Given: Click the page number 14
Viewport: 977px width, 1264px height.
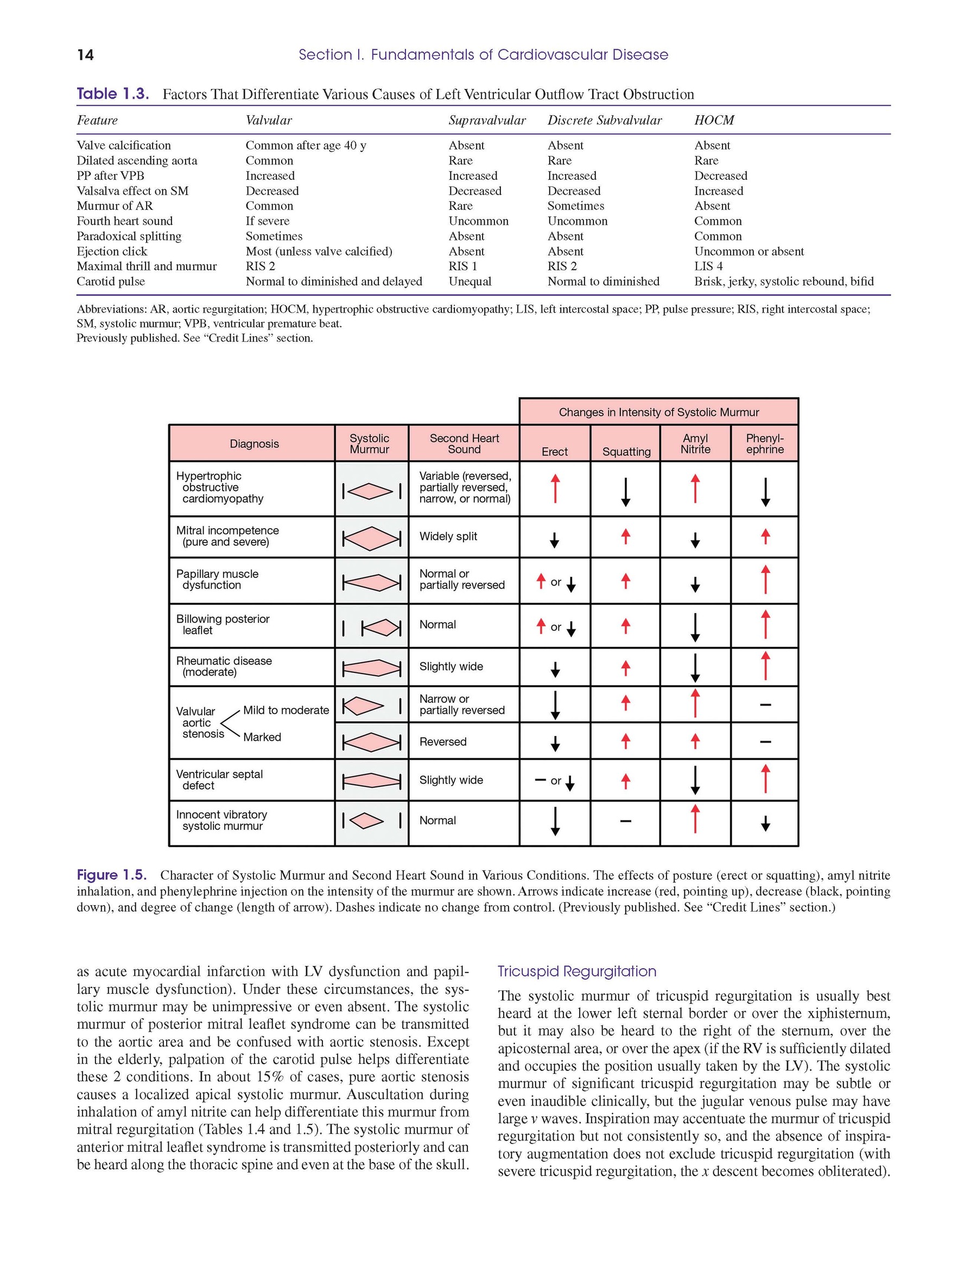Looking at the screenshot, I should tap(85, 55).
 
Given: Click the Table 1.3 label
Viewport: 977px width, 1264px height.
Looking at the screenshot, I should tap(113, 94).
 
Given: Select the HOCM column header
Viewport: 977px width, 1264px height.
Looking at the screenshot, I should tap(714, 120).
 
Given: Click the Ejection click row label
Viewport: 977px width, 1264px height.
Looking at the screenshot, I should tap(112, 251).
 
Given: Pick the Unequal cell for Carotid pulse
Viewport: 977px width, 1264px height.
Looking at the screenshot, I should tap(470, 281).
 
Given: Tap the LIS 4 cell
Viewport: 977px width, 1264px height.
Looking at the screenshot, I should tap(708, 266).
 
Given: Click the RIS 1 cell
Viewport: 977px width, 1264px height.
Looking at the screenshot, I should tap(462, 266).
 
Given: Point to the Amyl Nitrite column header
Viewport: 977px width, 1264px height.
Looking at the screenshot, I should tap(695, 444).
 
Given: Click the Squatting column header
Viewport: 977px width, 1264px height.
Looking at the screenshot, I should tap(626, 452).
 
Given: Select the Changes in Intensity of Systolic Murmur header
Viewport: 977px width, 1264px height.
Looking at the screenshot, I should tap(659, 412).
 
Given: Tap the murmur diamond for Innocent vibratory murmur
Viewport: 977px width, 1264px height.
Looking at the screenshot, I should tap(366, 821).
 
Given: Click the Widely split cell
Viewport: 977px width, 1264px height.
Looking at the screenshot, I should tap(448, 537).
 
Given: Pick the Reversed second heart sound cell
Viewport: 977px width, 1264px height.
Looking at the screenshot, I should tap(443, 742).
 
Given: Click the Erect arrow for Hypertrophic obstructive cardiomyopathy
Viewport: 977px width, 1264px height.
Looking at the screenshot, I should tap(555, 488).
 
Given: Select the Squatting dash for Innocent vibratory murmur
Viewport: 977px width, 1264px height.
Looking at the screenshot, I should tap(625, 821).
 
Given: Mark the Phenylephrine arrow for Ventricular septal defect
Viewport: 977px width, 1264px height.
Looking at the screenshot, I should tap(765, 779).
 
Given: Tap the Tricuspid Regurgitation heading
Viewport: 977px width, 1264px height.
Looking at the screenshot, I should tap(576, 971).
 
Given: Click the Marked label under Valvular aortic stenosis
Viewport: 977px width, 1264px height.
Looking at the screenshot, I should tap(262, 738).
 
